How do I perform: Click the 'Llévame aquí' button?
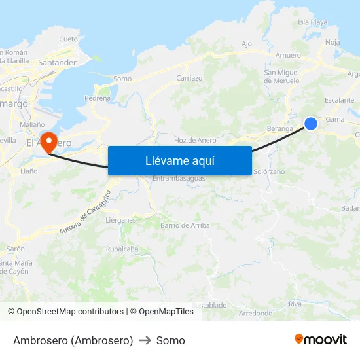[x=179, y=160]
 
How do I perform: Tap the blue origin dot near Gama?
[x=311, y=123]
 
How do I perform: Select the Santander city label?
[x=58, y=63]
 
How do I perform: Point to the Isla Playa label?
[x=312, y=22]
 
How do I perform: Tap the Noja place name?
[x=333, y=42]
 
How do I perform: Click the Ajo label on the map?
[x=246, y=44]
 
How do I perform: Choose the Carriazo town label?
[x=189, y=78]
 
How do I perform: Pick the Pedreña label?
[x=98, y=98]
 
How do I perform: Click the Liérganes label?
[x=120, y=220]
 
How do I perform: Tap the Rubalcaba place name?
[x=122, y=249]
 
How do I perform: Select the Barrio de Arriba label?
[x=185, y=225]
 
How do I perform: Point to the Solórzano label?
[x=268, y=171]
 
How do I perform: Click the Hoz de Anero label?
[x=195, y=140]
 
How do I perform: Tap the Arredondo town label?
[x=255, y=314]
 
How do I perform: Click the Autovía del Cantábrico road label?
[x=84, y=213]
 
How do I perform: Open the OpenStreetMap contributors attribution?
[x=70, y=312]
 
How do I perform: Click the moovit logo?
[x=321, y=340]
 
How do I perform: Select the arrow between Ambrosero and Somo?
[x=145, y=340]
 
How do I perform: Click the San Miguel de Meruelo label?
[x=281, y=77]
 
